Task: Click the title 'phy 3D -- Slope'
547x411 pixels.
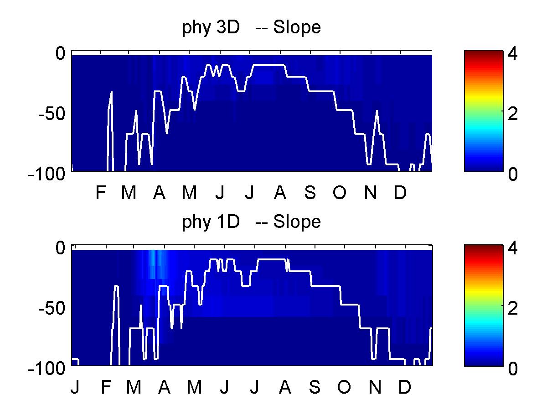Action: tap(251, 28)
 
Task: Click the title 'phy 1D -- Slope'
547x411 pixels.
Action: tap(251, 222)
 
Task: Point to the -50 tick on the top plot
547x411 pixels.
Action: tap(52, 114)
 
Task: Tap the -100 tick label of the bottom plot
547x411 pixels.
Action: tap(46, 369)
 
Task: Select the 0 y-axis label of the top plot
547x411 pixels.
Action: tap(60, 53)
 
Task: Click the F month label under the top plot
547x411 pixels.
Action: tap(101, 193)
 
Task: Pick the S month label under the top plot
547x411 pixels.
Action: tap(310, 193)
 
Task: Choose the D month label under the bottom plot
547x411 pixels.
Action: tap(404, 387)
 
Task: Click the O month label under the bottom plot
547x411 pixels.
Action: tap(344, 387)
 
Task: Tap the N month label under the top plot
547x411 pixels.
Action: tap(371, 193)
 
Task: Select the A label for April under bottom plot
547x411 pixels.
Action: tap(164, 387)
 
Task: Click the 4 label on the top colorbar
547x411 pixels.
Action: tap(512, 53)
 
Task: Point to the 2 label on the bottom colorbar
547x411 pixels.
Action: tap(512, 308)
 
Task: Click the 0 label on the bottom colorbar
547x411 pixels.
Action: tap(513, 369)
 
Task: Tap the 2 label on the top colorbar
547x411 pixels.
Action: tap(512, 114)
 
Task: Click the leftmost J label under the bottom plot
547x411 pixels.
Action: tap(75, 387)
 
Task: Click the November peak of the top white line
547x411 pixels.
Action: tap(377, 111)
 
